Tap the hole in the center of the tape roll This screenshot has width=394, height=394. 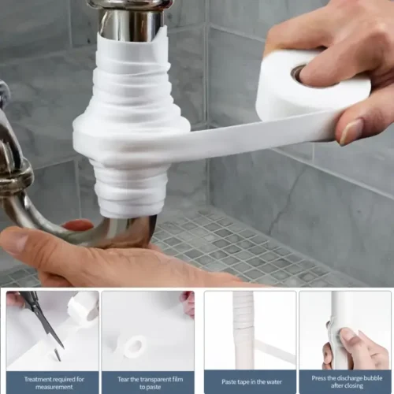(300, 73)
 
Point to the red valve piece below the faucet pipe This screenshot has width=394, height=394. (78, 225)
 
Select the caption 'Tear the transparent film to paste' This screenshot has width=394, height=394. (147, 382)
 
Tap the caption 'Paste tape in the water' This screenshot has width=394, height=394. (250, 382)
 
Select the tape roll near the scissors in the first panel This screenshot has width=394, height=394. (82, 307)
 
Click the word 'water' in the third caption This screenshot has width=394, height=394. (267, 382)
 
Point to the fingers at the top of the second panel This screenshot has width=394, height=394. (188, 302)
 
